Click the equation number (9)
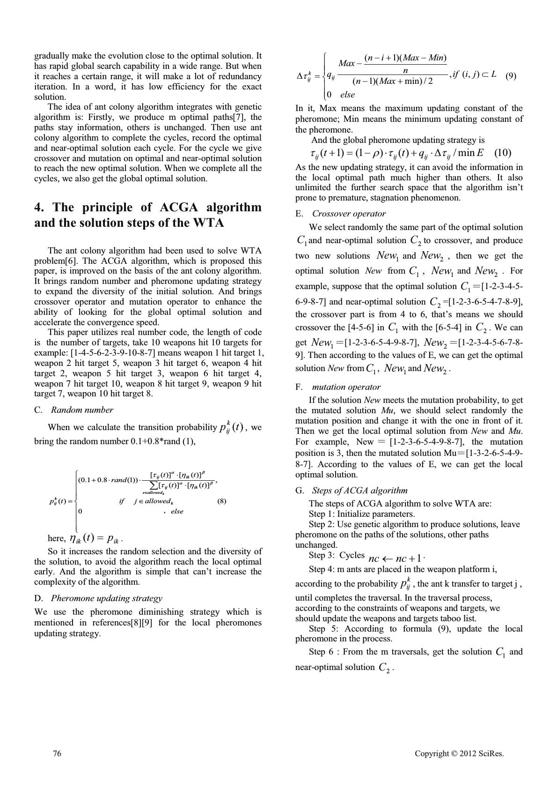[511, 76]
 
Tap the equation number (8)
[222, 501]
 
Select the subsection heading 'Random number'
[82, 410]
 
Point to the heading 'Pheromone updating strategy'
[106, 598]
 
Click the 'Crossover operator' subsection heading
[349, 214]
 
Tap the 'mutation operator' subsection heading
[346, 387]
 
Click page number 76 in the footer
[57, 753]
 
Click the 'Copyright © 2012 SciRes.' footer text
[459, 753]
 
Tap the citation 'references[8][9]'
[141, 623]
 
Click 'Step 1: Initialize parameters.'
[362, 514]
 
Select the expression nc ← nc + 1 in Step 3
[396, 558]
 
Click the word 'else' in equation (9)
[347, 95]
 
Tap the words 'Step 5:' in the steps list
[323, 629]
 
